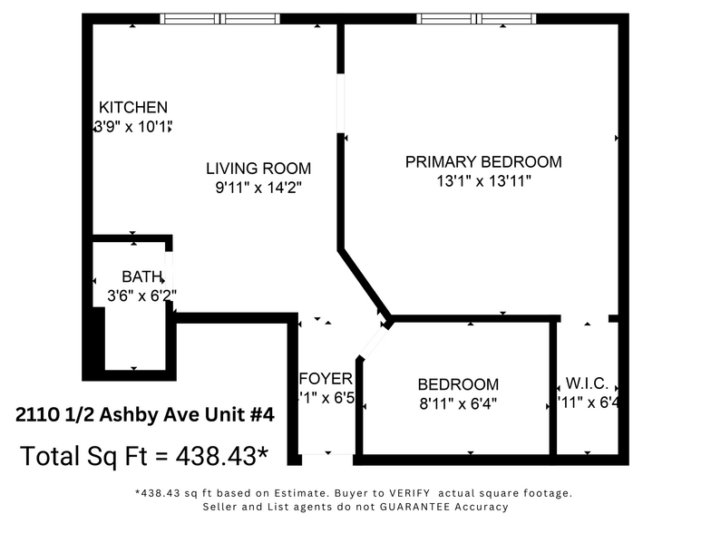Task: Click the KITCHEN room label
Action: coord(133,107)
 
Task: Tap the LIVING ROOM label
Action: coord(258,169)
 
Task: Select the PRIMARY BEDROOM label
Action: coord(483,162)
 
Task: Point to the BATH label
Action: coord(142,276)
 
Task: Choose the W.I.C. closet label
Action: coord(587,384)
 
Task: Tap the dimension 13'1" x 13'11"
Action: coord(483,181)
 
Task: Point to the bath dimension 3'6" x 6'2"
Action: coord(141,295)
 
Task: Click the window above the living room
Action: coord(220,18)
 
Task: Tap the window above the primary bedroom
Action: coord(477,18)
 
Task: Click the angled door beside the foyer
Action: coord(373,343)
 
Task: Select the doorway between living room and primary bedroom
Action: coord(341,103)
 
